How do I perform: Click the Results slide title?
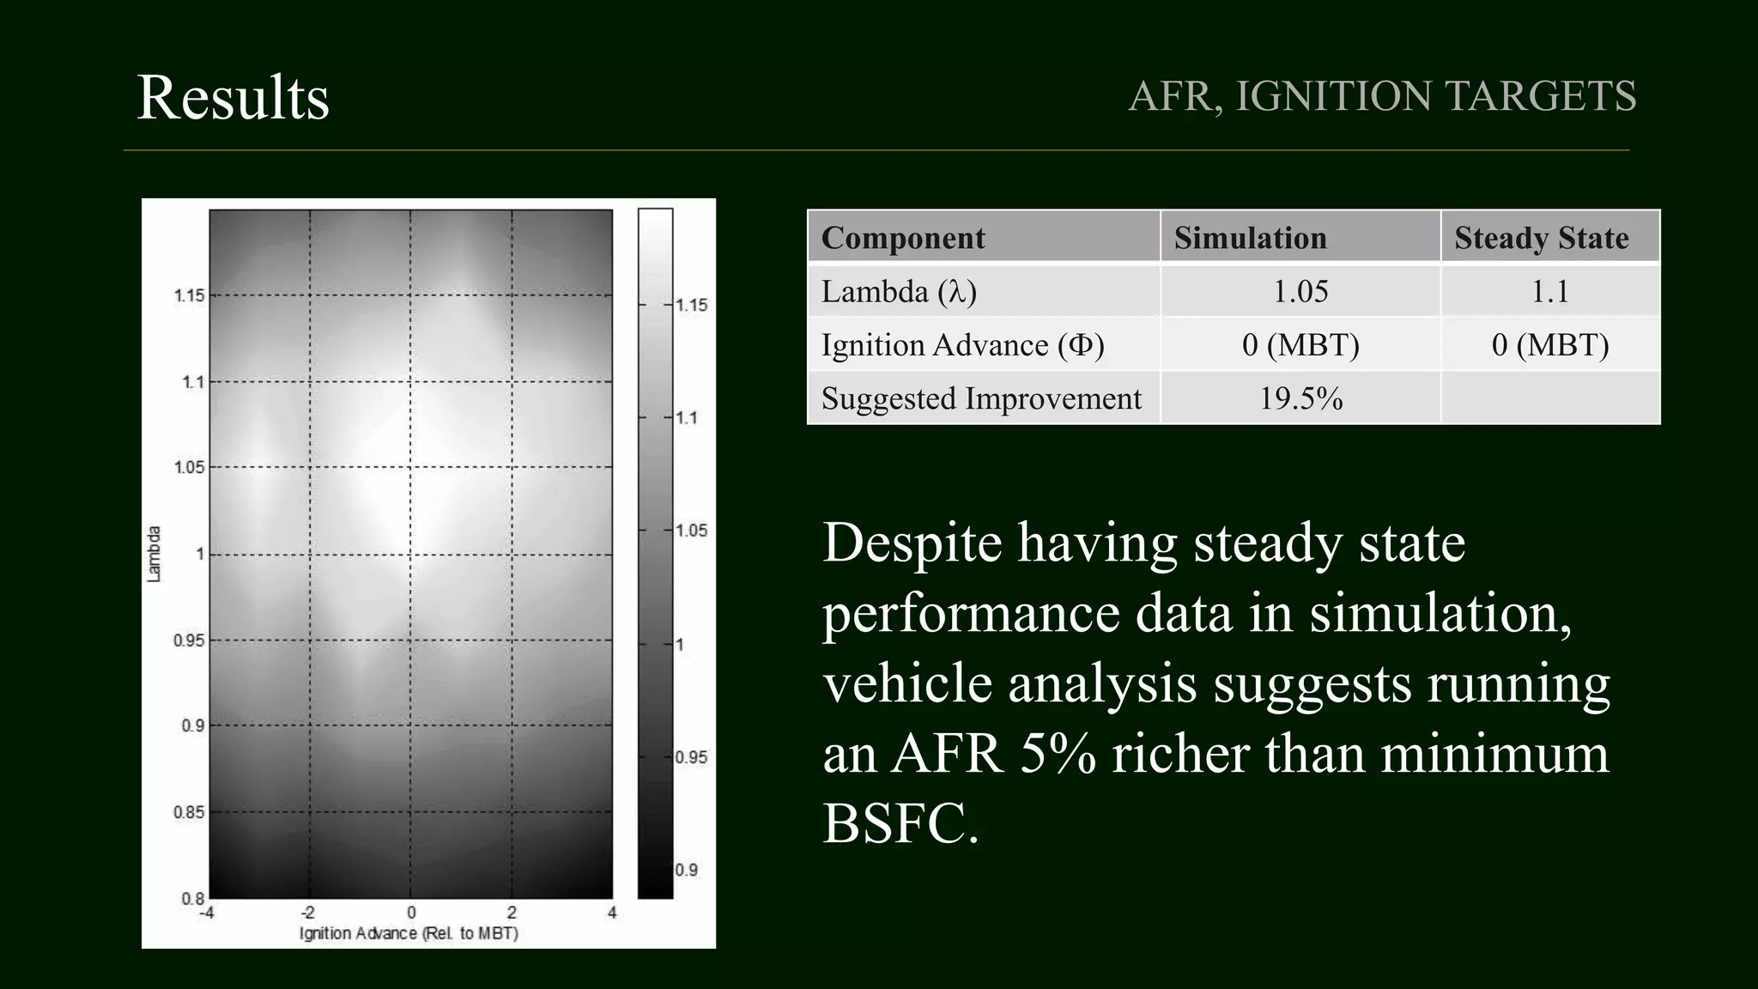point(233,97)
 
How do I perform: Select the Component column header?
point(903,238)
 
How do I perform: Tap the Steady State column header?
point(1541,238)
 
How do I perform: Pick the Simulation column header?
point(1250,238)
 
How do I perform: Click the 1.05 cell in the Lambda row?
point(1300,292)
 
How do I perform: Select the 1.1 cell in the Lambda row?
point(1549,292)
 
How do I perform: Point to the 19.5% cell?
point(1300,398)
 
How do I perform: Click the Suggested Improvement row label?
point(981,398)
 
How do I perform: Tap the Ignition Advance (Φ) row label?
point(962,345)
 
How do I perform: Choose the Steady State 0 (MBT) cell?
point(1549,345)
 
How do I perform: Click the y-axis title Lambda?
point(155,554)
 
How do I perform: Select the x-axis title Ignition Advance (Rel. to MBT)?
point(409,933)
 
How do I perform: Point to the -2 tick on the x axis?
point(307,913)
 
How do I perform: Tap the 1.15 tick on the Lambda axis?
point(189,295)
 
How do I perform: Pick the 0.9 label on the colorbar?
point(686,870)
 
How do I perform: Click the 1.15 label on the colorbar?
point(691,305)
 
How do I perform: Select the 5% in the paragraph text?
point(1058,754)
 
